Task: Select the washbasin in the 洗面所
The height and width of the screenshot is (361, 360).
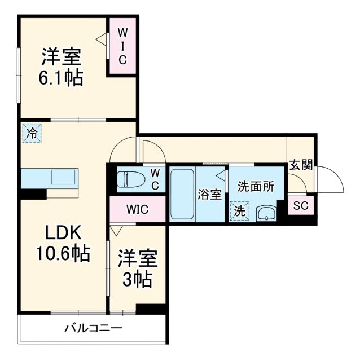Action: tap(265, 213)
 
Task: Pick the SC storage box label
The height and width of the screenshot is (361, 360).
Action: tap(301, 206)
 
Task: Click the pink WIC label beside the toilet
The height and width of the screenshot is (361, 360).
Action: tap(137, 209)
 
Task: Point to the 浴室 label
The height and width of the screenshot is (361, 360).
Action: tap(210, 195)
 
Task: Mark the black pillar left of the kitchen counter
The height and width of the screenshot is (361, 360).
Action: tap(33, 193)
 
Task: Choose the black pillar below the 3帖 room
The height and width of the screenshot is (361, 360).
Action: tap(151, 309)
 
